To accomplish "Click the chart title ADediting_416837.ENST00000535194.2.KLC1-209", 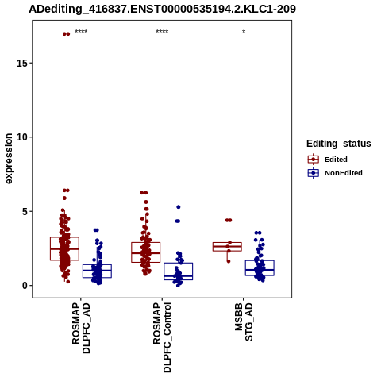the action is (x=162, y=9).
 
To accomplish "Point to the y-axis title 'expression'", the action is (x=9, y=159).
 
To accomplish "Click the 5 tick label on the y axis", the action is (x=25, y=211).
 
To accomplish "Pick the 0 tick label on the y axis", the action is (x=25, y=286).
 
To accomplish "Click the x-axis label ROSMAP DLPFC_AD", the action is (x=81, y=328).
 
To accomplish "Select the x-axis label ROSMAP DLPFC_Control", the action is (x=162, y=337).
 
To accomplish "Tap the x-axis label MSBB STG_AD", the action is (x=244, y=321).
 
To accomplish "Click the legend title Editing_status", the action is (x=339, y=144).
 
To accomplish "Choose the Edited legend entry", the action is (x=328, y=160).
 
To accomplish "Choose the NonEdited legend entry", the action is (x=335, y=173).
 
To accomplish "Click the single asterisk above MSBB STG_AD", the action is (x=244, y=32).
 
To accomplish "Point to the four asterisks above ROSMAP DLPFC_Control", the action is (x=162, y=32).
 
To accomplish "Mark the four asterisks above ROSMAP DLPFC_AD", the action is (x=81, y=32).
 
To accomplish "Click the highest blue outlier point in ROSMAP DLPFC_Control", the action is (x=179, y=207).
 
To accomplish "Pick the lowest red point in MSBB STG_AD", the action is (x=229, y=261).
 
